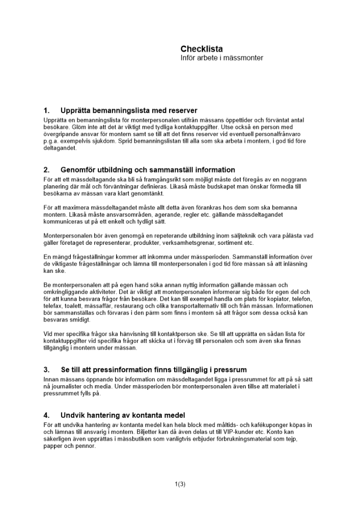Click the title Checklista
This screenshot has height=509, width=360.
201,49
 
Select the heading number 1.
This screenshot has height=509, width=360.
47,110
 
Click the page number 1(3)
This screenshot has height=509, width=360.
180,484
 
